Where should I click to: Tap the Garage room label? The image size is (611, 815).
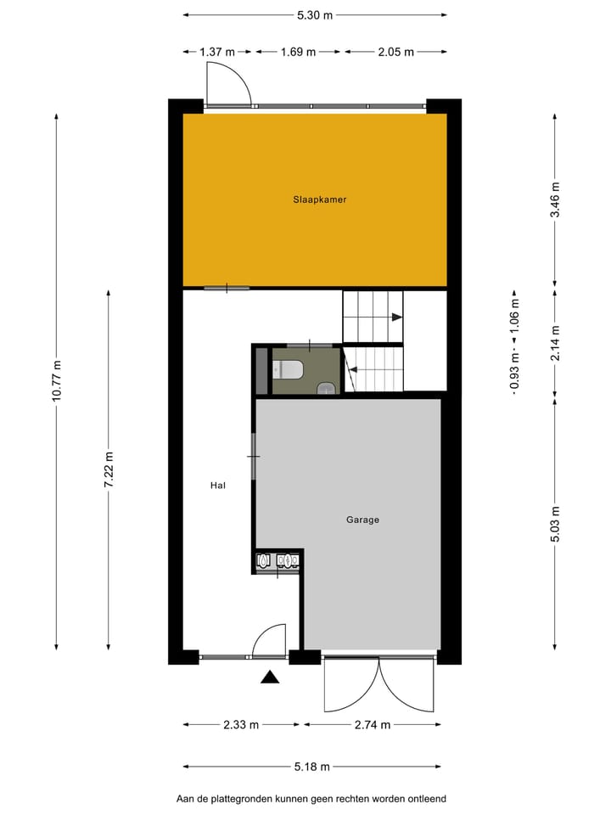click(x=362, y=520)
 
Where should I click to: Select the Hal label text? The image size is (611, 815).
click(x=218, y=486)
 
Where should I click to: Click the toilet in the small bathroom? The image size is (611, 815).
click(x=289, y=370)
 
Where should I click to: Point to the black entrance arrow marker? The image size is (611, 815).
click(x=270, y=677)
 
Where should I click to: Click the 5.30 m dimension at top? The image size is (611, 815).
click(x=315, y=14)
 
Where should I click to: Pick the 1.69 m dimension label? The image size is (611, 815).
click(x=298, y=52)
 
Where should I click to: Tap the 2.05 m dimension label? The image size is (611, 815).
click(x=396, y=52)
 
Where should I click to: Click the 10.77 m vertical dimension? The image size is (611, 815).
click(x=57, y=380)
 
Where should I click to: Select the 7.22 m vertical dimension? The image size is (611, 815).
click(x=109, y=469)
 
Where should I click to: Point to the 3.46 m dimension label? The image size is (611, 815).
click(x=555, y=200)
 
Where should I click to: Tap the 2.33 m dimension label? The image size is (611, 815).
click(x=242, y=724)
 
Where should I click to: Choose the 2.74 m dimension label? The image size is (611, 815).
click(x=373, y=724)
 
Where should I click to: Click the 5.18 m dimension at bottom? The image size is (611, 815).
click(x=312, y=767)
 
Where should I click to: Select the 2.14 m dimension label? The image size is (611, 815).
click(x=555, y=344)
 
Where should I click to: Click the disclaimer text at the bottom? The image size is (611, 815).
click(x=311, y=799)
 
